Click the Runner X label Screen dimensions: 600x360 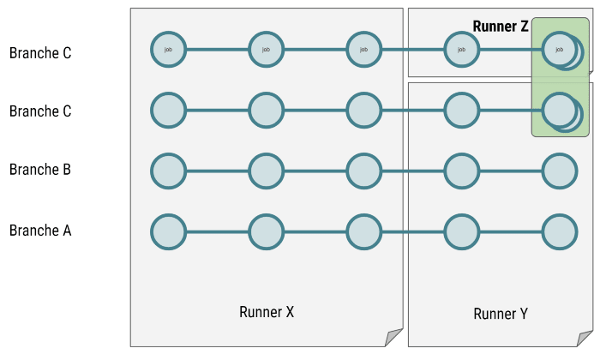[267, 312]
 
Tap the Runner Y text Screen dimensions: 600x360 [501, 314]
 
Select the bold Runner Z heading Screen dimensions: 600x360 [501, 27]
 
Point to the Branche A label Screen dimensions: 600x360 [40, 231]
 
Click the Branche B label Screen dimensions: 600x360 [40, 169]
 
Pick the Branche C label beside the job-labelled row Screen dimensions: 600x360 [40, 53]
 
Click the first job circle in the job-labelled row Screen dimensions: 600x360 [168, 50]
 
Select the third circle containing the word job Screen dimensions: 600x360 [364, 50]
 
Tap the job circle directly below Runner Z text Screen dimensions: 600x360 [461, 50]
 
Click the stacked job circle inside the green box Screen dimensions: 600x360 [560, 50]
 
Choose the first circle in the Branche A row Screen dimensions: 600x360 [168, 231]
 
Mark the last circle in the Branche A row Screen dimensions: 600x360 [560, 231]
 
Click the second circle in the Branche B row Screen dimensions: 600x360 [267, 171]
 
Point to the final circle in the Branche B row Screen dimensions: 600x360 [560, 171]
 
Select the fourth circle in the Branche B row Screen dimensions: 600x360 [461, 171]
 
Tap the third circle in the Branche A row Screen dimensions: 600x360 [364, 231]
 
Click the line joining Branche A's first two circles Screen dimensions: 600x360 [218, 231]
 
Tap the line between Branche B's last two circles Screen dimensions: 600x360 [511, 171]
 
